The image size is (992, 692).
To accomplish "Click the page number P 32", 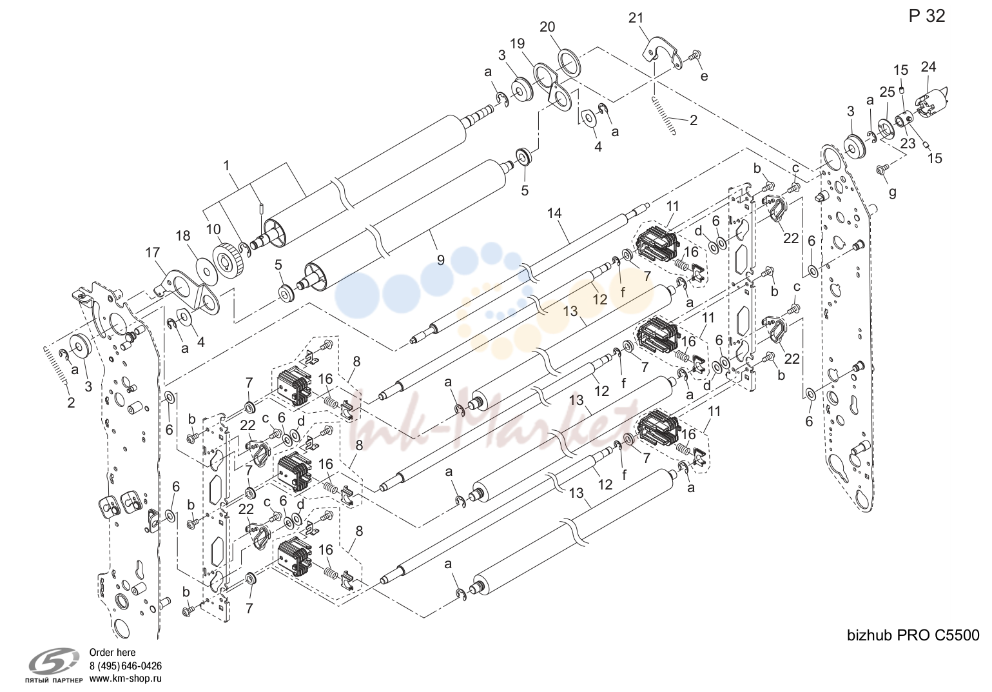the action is click(926, 16).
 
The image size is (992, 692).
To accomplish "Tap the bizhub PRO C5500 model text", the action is click(913, 635).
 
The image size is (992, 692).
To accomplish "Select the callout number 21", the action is click(636, 18).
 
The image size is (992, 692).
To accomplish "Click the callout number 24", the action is click(928, 67).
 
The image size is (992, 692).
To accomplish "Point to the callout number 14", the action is click(554, 213).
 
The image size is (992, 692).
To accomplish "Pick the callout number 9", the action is click(440, 260).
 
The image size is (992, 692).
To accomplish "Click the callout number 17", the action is click(152, 253).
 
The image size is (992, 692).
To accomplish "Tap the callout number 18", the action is click(183, 236).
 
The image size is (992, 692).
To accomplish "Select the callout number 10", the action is click(213, 229).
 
